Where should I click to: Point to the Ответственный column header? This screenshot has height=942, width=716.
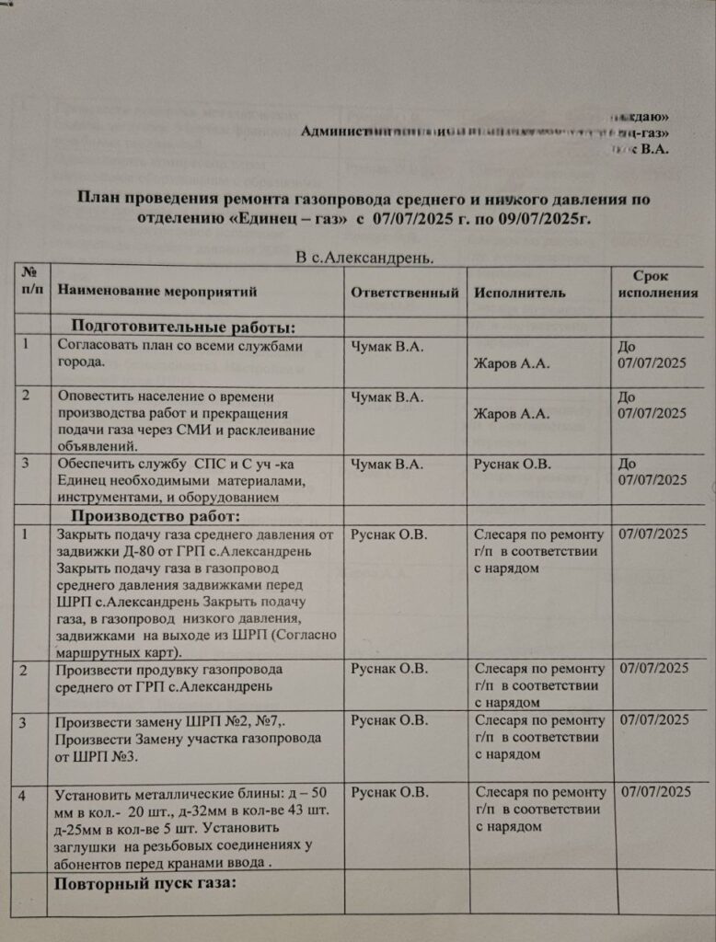(x=404, y=292)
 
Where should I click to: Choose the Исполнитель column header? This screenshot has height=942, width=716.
(x=520, y=292)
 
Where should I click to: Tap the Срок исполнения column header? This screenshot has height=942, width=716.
(x=657, y=283)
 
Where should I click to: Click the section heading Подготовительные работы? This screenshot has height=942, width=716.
(x=183, y=327)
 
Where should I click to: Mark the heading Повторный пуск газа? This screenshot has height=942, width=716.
(x=145, y=884)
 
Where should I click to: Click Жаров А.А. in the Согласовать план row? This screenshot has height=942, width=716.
(x=512, y=364)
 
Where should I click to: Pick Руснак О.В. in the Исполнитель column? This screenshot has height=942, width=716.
(x=512, y=464)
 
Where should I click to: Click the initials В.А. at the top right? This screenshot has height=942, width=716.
(x=655, y=148)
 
